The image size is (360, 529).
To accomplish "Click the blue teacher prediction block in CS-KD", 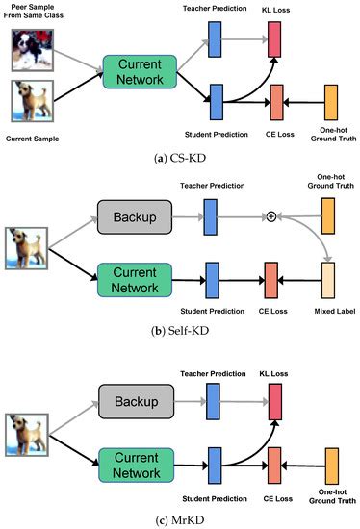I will [x=214, y=38].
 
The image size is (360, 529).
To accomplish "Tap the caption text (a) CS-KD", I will [x=179, y=157].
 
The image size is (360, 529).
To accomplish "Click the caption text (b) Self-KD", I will [x=179, y=330].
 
